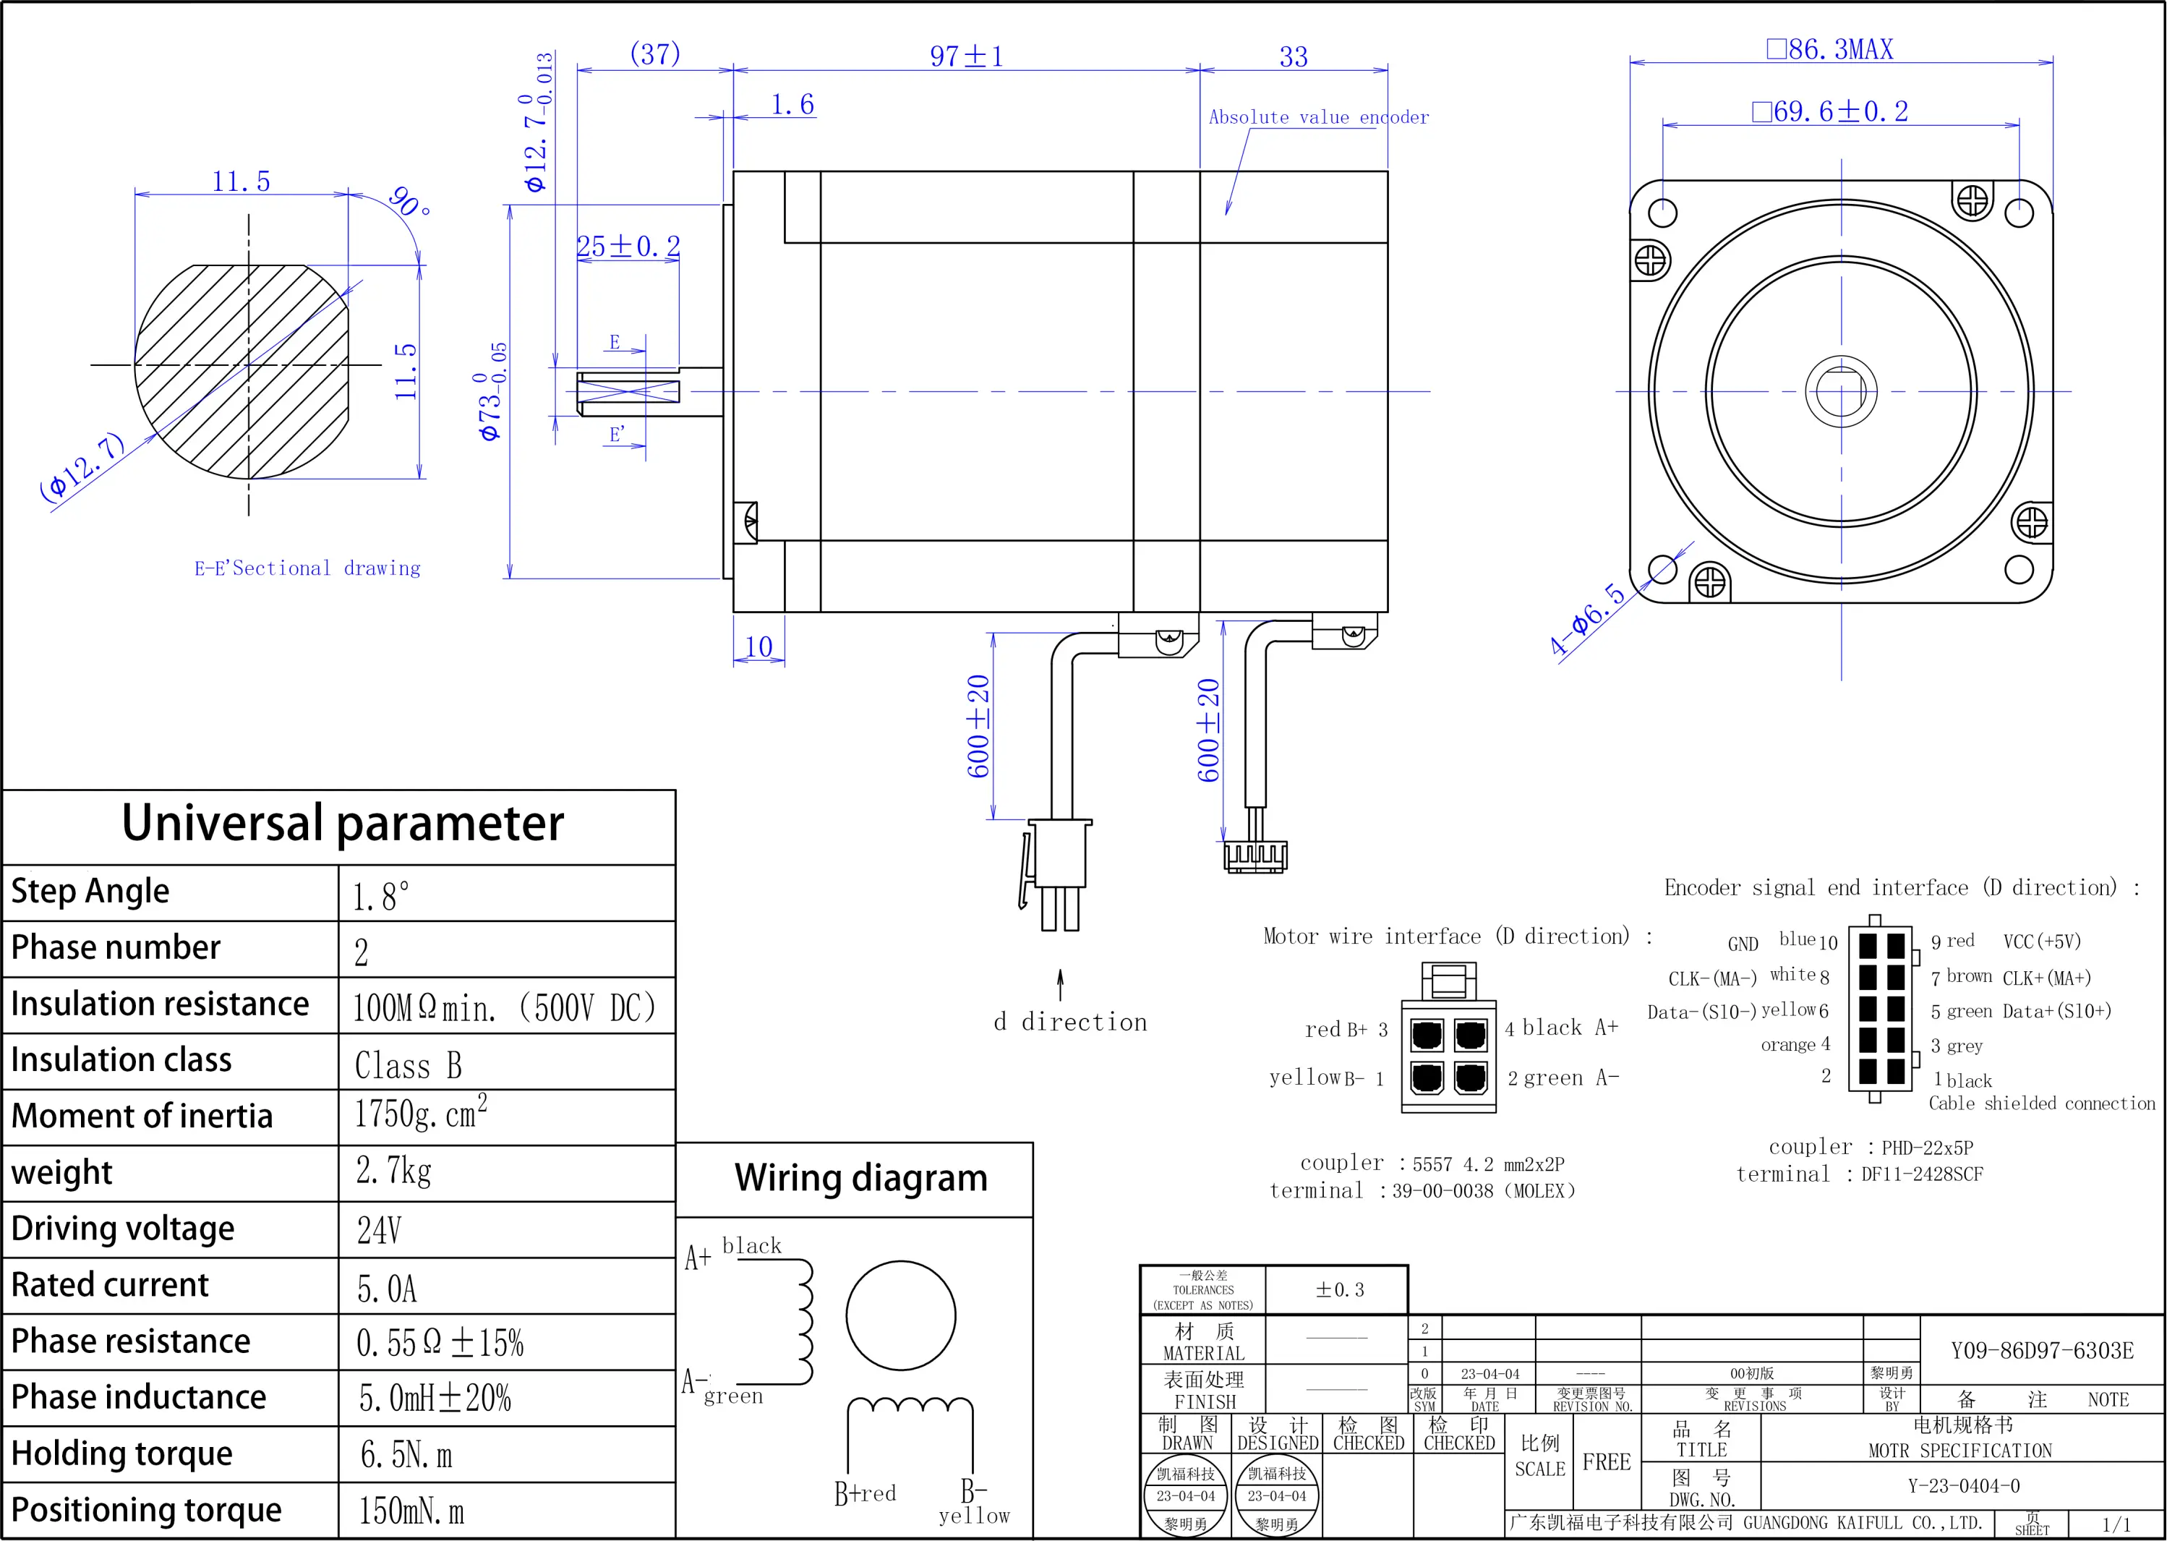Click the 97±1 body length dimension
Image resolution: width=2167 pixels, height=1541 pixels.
[x=966, y=56]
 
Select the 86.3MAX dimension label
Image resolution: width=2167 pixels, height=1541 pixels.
[x=1829, y=49]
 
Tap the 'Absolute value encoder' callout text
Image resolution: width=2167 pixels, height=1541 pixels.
[x=1318, y=118]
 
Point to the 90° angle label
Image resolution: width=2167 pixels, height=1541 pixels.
[x=409, y=201]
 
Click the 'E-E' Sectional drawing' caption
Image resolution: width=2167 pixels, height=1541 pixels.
[x=307, y=568]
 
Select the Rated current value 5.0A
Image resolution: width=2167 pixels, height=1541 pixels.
[x=387, y=1289]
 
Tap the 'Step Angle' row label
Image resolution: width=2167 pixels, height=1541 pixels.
[x=90, y=891]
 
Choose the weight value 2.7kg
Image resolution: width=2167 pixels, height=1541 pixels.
[x=394, y=1171]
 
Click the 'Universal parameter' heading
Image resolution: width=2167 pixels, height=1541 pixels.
[x=343, y=823]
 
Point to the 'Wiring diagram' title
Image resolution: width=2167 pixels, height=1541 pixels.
[x=860, y=1177]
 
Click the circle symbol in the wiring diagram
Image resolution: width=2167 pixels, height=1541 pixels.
[x=900, y=1315]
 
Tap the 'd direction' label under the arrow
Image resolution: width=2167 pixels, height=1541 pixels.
[x=1070, y=1022]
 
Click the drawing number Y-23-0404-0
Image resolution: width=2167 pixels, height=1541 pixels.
[x=1964, y=1486]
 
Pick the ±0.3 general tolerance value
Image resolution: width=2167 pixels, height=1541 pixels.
[x=1340, y=1289]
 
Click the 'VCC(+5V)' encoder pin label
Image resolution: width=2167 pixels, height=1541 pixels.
[x=2042, y=942]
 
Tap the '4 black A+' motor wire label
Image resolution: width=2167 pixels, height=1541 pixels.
[x=1562, y=1028]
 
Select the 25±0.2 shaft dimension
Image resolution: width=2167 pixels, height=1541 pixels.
[x=628, y=247]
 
